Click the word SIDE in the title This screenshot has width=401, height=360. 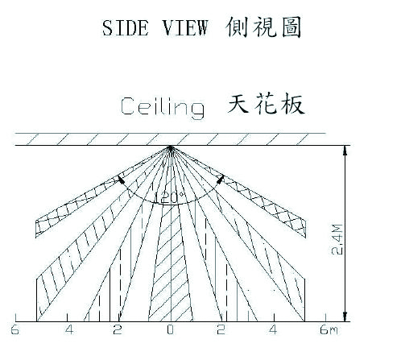click(x=125, y=28)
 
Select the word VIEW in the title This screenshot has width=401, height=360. click(x=185, y=28)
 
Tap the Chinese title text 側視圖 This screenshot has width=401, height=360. click(x=263, y=27)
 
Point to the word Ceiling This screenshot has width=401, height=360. click(x=162, y=107)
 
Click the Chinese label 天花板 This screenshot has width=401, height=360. click(x=266, y=104)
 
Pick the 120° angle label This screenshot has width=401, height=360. click(x=170, y=198)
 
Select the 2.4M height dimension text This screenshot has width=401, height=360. click(x=337, y=239)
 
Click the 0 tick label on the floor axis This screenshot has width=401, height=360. click(x=170, y=329)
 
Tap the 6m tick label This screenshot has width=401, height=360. click(x=329, y=329)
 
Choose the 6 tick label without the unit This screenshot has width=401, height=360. click(x=15, y=329)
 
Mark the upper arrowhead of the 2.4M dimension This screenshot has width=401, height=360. click(x=345, y=151)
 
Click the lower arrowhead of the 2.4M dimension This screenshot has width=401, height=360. click(x=345, y=317)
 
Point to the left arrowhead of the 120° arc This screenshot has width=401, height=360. click(x=122, y=180)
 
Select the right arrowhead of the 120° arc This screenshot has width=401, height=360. click(x=221, y=179)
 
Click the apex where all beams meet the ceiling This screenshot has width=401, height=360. click(x=170, y=147)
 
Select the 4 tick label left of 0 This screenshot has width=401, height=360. click(x=69, y=329)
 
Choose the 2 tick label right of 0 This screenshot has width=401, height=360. click(x=221, y=329)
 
